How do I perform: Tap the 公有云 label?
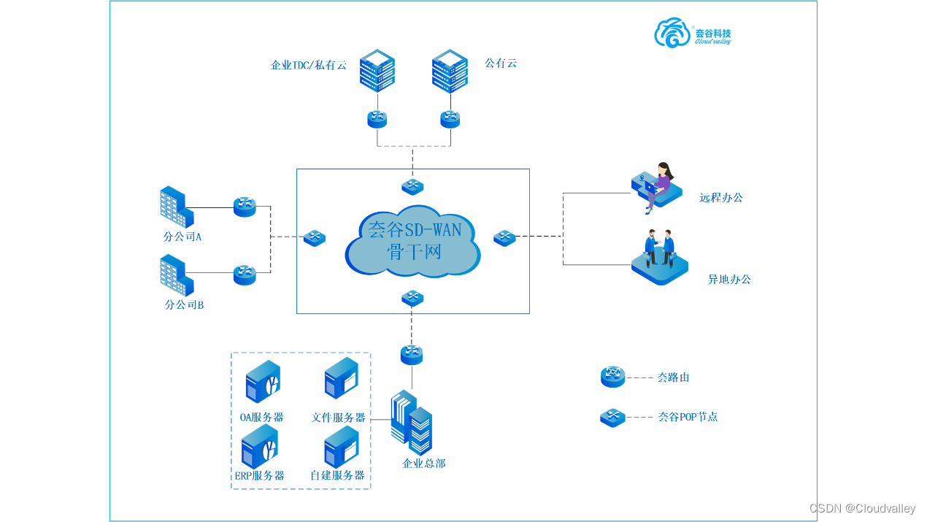(501, 64)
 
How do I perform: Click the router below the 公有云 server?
(450, 119)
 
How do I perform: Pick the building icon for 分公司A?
(176, 207)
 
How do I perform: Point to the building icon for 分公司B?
(176, 275)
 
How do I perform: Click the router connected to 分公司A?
(245, 207)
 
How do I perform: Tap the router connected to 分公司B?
(245, 275)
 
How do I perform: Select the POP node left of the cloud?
(315, 238)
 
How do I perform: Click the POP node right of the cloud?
(504, 238)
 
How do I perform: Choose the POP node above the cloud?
(412, 187)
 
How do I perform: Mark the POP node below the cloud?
(412, 298)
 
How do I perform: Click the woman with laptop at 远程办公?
(657, 186)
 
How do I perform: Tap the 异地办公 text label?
(729, 280)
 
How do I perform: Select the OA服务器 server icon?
(263, 382)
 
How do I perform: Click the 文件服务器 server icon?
(341, 378)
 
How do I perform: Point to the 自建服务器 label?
(337, 475)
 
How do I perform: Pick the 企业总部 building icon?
(412, 422)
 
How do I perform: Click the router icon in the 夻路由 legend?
(612, 377)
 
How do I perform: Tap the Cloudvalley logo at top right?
(692, 33)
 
